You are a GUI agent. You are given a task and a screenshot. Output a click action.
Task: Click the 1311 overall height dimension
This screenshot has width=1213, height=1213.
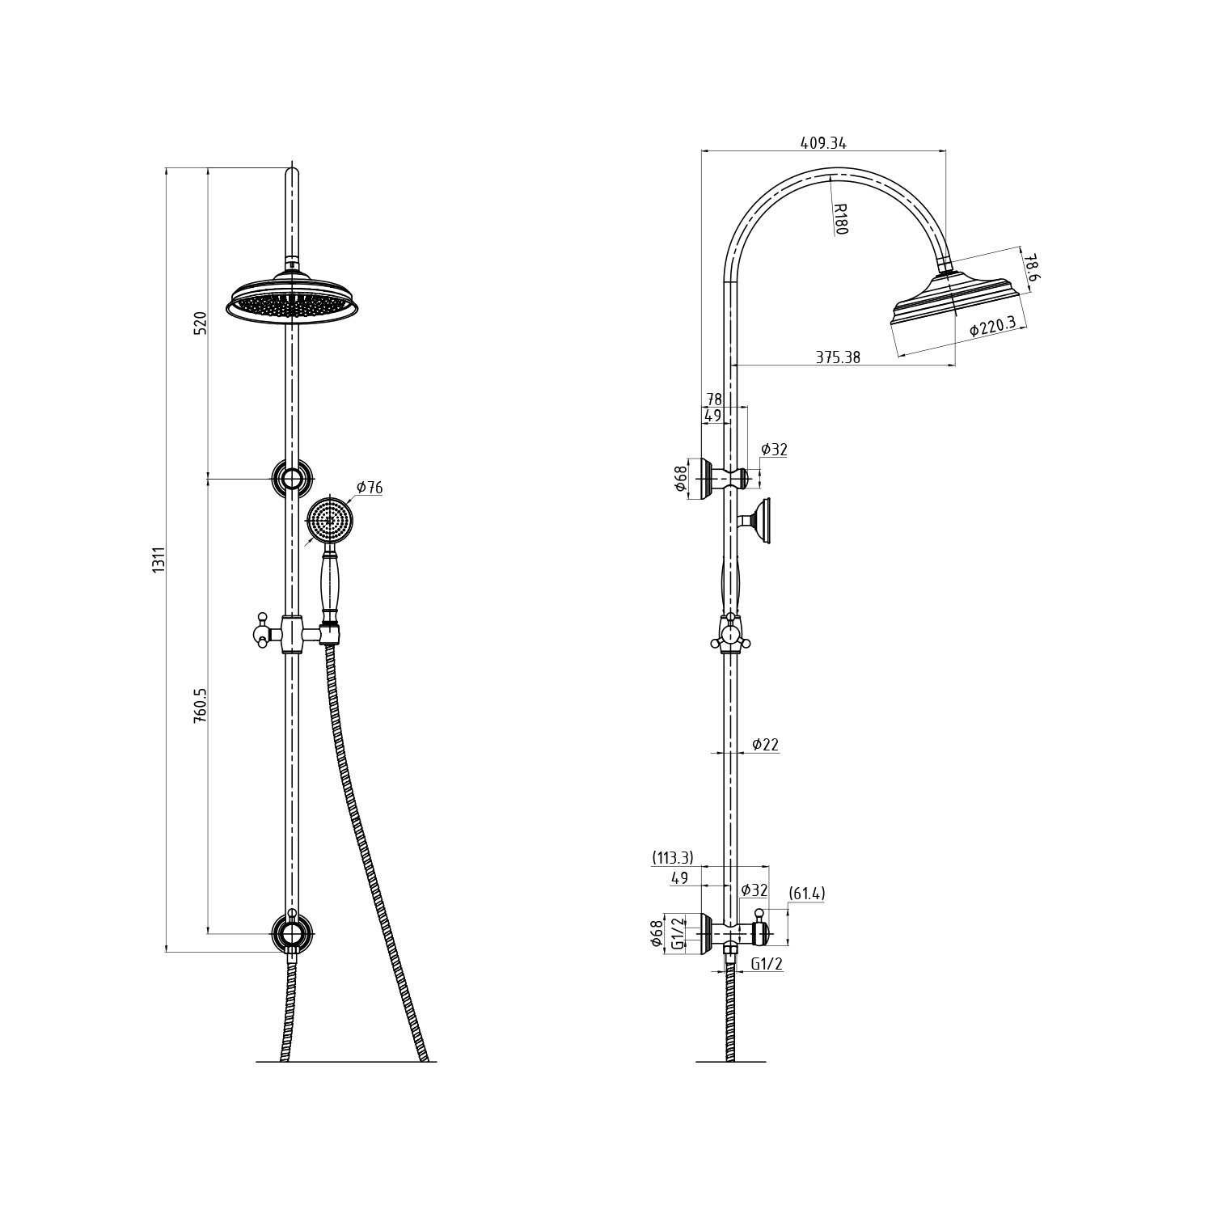coord(159,560)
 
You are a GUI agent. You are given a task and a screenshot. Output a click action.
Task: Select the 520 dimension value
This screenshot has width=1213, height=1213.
coord(201,323)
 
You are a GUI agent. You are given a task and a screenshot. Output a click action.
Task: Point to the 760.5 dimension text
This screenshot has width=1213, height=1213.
coord(201,706)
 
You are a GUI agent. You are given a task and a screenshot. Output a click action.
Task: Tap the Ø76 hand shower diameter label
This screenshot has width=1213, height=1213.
coord(369,488)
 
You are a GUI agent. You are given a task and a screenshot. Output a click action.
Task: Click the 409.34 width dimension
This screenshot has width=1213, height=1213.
coord(823,143)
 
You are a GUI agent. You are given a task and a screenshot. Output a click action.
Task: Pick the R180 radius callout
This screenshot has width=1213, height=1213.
coord(840,218)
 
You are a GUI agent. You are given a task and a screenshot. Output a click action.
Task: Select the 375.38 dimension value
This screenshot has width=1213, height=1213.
coord(838,357)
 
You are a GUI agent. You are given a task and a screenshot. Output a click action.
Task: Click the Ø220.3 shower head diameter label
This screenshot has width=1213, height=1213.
coord(993,326)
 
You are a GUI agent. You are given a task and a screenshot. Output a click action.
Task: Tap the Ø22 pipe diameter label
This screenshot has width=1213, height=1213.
coord(765,745)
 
